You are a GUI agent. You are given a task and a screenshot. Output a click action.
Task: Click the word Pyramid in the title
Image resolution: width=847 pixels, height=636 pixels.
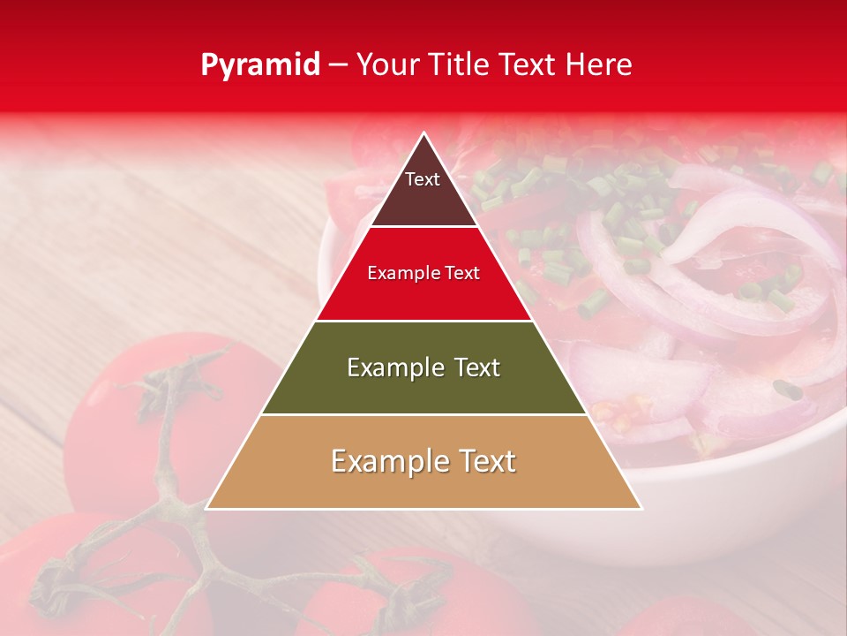click(x=260, y=65)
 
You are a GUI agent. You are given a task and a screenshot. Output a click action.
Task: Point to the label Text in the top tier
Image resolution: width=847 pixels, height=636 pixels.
click(x=423, y=179)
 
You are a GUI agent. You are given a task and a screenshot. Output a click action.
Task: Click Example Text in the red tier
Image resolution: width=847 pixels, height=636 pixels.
click(x=423, y=273)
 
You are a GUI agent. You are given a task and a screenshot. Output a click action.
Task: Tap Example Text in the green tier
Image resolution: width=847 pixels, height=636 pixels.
click(x=423, y=367)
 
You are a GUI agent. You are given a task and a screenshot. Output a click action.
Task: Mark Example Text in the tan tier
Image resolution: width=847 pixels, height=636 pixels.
click(x=423, y=461)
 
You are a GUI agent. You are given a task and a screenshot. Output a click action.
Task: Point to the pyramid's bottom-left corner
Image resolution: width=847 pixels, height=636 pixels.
click(x=207, y=508)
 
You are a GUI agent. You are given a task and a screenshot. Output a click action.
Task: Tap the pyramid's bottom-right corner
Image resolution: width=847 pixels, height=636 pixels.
click(x=641, y=508)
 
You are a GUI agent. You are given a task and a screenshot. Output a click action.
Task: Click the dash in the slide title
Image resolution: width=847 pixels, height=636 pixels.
click(x=338, y=65)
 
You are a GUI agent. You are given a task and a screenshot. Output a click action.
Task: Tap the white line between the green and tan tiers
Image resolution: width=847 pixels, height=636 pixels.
click(x=424, y=414)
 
